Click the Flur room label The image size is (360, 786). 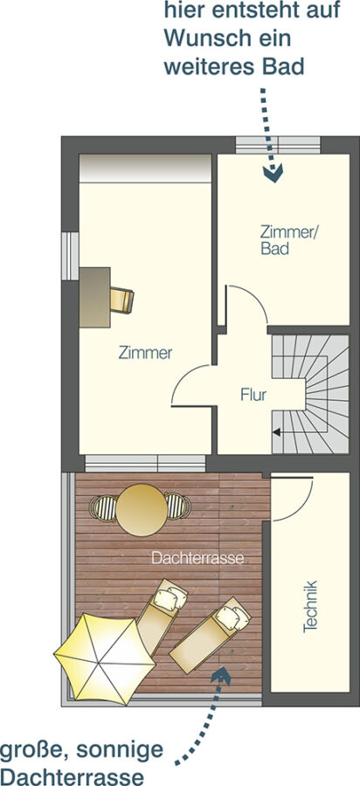253,395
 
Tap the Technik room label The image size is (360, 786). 310,606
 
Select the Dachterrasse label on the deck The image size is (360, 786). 197,558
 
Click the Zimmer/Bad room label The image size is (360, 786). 289,240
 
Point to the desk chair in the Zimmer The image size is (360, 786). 122,300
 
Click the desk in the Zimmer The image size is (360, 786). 94,297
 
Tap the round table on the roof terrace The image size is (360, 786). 142,510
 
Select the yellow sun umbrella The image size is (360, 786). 104,658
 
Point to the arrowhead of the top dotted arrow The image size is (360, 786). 273,174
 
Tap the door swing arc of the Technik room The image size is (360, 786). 303,507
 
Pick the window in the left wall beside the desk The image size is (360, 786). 70,256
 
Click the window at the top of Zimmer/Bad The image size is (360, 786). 278,145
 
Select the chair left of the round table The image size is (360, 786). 103,507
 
